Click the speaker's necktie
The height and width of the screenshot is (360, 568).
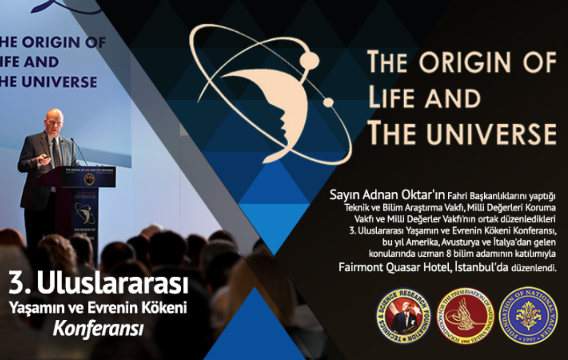point(56,152)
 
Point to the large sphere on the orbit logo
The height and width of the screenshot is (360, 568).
point(310,59)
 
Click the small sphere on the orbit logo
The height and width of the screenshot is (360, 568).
point(328,102)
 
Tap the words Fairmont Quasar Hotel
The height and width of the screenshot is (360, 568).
point(393,268)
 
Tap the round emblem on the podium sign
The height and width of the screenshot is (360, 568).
point(89,179)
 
